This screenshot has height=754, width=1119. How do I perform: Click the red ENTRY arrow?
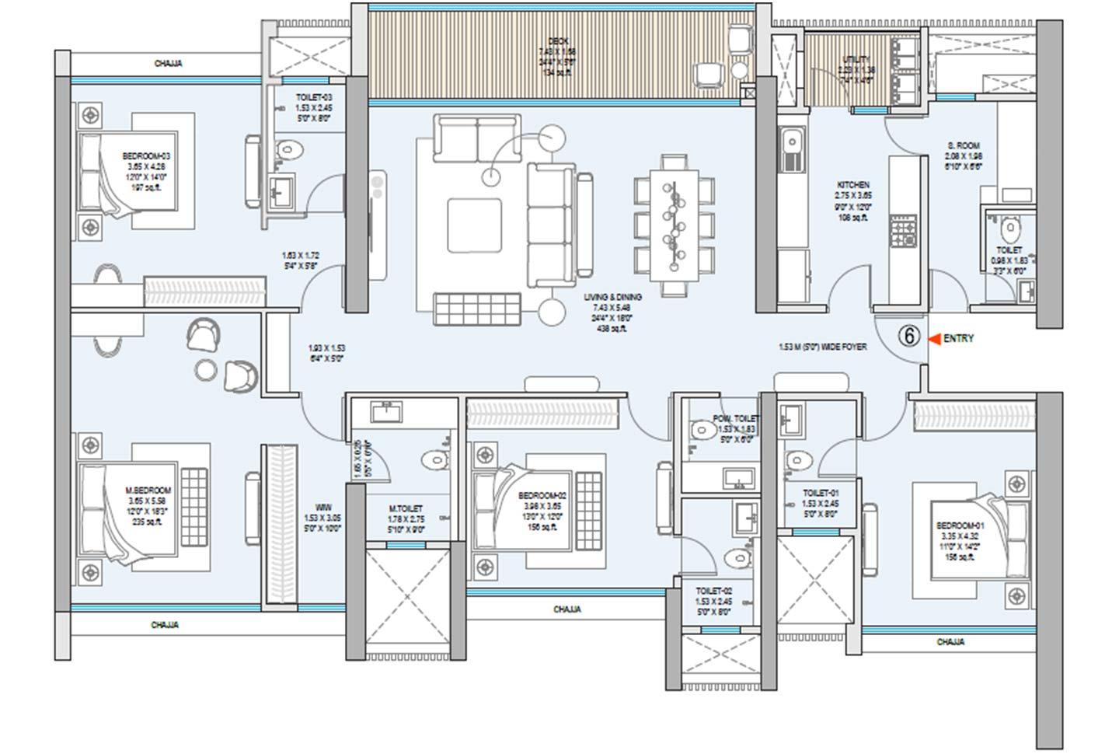click(x=935, y=339)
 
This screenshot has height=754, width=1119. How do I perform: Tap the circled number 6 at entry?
click(x=909, y=337)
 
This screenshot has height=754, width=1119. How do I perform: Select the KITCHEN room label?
click(x=852, y=185)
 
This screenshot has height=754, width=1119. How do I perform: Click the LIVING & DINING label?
click(x=613, y=297)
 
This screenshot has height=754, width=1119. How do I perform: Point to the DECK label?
click(x=557, y=40)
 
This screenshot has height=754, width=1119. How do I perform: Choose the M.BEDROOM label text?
click(x=148, y=490)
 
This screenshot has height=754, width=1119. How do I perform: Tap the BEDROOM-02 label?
click(x=542, y=495)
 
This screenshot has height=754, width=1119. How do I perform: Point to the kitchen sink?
click(x=793, y=144)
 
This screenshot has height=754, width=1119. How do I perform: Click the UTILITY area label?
click(x=856, y=60)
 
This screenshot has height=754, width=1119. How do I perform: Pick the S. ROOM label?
click(x=964, y=145)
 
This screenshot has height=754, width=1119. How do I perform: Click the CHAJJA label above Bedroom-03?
click(x=168, y=64)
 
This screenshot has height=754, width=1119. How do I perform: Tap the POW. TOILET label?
click(x=735, y=418)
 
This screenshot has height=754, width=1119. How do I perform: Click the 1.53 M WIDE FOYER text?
click(x=822, y=347)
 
